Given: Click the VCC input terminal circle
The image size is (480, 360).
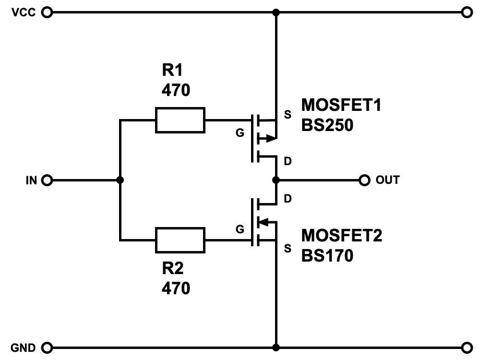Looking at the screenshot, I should coord(47,12).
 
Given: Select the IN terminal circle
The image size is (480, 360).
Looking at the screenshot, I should coord(47,180).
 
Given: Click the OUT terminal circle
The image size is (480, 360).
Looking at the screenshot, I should coord(364,180).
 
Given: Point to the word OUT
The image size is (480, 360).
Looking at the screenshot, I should coord(387,180).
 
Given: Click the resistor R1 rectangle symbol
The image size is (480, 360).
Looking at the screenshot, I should coord(180,120).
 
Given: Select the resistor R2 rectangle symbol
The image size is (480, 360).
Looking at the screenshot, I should coord(180,240).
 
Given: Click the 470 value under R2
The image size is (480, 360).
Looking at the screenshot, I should coord(176,288).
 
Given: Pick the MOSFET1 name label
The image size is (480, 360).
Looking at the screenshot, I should coord(341,105).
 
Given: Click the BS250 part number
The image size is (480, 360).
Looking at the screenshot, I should coord(327,125).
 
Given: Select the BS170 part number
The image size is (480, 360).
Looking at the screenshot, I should coord(327,255).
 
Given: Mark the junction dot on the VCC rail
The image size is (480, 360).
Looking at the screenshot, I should coord(276,12).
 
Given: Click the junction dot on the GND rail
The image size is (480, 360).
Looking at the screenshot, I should coord(276,347).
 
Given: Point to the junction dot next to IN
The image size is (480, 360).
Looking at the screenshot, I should coord(120,180).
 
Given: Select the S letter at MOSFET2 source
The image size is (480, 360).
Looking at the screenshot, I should coord(288,248).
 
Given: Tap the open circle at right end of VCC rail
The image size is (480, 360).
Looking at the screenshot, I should coord(466,12).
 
